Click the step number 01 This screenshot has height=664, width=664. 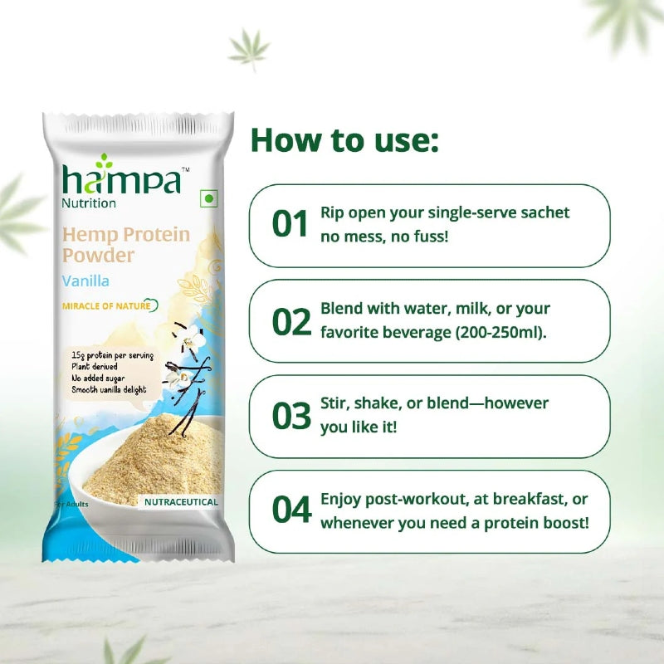pyautogui.click(x=290, y=224)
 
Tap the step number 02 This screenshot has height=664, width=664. pyautogui.click(x=291, y=320)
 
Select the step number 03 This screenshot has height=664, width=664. pyautogui.click(x=291, y=416)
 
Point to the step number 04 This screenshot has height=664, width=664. pyautogui.click(x=291, y=510)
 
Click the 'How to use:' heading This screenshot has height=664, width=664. pyautogui.click(x=344, y=139)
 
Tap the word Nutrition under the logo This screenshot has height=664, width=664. pyautogui.click(x=90, y=203)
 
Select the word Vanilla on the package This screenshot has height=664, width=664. pyautogui.click(x=86, y=281)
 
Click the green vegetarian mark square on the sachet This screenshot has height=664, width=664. pyautogui.click(x=208, y=200)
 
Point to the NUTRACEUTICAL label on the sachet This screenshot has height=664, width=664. pyautogui.click(x=181, y=502)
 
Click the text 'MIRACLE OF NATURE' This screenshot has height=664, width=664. pyautogui.click(x=106, y=305)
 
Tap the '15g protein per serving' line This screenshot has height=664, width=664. pyautogui.click(x=113, y=355)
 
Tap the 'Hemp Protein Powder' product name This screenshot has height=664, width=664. pyautogui.click(x=124, y=245)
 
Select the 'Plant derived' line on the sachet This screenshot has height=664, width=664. pyautogui.click(x=95, y=365)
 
